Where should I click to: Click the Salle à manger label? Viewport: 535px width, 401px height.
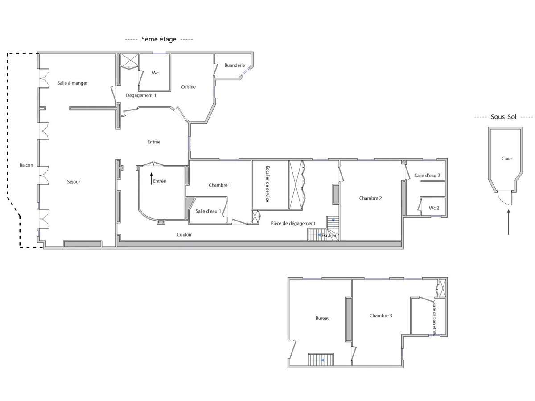click(x=72, y=83)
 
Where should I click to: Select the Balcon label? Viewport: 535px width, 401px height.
click(x=26, y=165)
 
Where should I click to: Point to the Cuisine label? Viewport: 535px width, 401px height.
click(x=188, y=87)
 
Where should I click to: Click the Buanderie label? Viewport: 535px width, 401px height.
click(x=235, y=65)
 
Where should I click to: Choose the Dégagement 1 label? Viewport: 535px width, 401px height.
click(x=141, y=95)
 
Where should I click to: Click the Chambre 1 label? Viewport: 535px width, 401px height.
click(x=220, y=185)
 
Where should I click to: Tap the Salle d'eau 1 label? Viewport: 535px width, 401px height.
click(x=208, y=211)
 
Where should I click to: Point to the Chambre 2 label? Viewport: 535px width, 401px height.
click(x=370, y=198)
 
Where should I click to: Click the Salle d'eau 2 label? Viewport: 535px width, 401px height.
click(x=427, y=176)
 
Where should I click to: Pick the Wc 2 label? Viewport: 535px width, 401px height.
click(x=434, y=208)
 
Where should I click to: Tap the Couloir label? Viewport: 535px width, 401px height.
click(x=184, y=235)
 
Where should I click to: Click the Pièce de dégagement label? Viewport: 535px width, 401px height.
click(x=293, y=223)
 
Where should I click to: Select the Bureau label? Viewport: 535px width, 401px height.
click(x=322, y=318)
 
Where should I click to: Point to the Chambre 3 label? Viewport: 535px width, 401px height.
click(x=381, y=315)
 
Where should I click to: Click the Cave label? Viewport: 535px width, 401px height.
click(x=506, y=158)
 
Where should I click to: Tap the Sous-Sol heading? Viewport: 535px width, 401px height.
click(x=504, y=117)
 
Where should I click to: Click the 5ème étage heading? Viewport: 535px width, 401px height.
click(x=159, y=39)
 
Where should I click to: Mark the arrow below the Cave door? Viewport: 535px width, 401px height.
click(x=509, y=222)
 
